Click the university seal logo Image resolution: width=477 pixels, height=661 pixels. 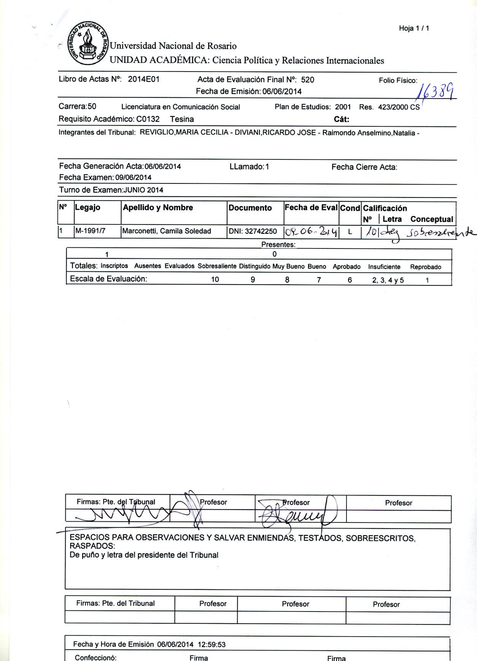click(x=88, y=43)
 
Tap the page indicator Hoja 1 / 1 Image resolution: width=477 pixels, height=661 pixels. click(x=414, y=28)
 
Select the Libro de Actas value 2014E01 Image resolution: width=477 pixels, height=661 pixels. click(x=143, y=79)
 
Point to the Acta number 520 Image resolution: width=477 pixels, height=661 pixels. click(x=307, y=80)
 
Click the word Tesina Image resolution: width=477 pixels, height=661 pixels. click(x=182, y=119)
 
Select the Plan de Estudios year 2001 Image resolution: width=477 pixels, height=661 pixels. click(x=343, y=107)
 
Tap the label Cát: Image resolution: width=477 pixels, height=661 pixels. click(x=341, y=119)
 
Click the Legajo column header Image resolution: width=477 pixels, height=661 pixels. click(x=87, y=207)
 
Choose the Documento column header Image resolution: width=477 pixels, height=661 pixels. click(x=250, y=208)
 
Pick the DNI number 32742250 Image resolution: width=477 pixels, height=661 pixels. click(x=261, y=231)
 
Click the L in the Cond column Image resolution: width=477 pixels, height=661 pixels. click(x=350, y=232)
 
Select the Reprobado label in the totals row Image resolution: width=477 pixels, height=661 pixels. click(x=425, y=267)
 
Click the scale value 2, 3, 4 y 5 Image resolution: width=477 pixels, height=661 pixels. click(x=388, y=280)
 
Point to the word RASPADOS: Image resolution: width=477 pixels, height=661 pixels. click(x=92, y=546)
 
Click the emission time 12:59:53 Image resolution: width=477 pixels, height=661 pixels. click(x=211, y=644)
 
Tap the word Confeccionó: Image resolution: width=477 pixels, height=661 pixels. click(x=95, y=658)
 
